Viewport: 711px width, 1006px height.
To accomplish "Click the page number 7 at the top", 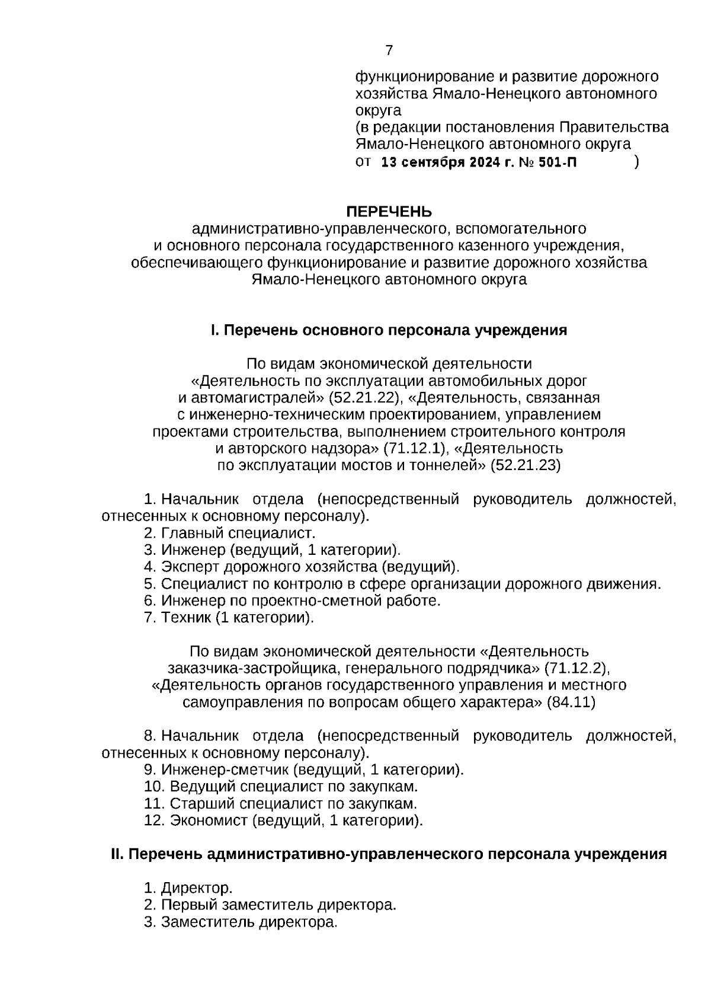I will [389, 51].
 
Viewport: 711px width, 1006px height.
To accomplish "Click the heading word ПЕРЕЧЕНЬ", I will [389, 212].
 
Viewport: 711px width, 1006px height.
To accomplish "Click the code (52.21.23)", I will [525, 465].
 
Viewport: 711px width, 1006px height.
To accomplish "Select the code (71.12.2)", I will [575, 668].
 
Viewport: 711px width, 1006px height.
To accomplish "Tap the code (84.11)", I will [571, 702].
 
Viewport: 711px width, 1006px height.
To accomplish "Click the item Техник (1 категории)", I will [236, 618].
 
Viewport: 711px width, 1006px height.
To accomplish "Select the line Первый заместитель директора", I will [277, 905].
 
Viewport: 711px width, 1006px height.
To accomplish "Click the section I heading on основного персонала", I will [389, 330].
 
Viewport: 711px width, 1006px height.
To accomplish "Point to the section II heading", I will [389, 854].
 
